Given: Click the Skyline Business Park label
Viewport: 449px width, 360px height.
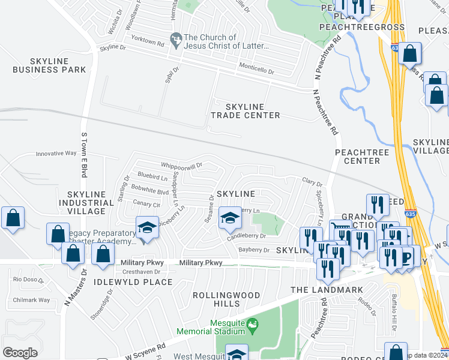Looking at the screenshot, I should click(x=58, y=65).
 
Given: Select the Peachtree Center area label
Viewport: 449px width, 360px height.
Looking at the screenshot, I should click(x=358, y=157).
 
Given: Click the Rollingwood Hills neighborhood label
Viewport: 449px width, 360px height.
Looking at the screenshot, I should click(x=226, y=299).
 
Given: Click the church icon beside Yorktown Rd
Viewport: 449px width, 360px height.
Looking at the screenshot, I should click(x=176, y=39).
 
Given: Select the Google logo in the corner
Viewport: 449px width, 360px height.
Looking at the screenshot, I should click(x=20, y=352).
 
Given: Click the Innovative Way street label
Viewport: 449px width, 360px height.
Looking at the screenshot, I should click(x=56, y=154).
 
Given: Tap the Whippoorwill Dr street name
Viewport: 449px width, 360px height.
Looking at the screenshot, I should click(x=181, y=165).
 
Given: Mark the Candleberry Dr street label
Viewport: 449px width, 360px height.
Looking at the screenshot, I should click(x=246, y=236).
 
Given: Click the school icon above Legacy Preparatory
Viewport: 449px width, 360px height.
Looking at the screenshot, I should click(x=147, y=229).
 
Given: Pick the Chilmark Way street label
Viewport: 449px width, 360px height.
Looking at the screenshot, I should click(x=31, y=300).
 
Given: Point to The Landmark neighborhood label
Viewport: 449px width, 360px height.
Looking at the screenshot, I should click(x=327, y=290).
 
